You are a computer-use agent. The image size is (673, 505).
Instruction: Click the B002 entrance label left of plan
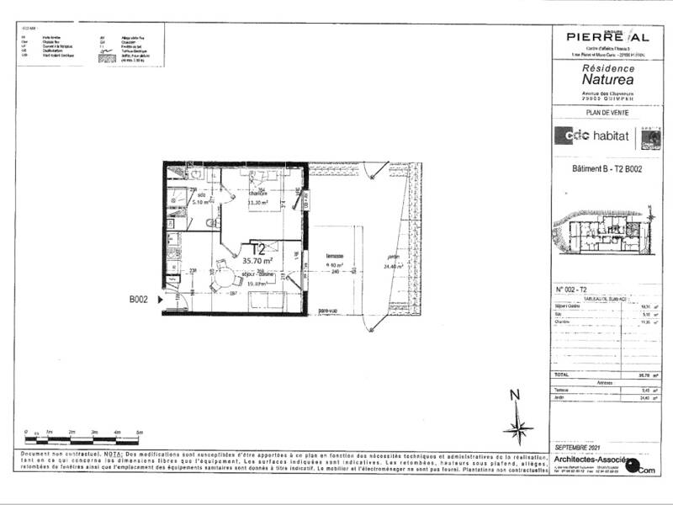click(139, 298)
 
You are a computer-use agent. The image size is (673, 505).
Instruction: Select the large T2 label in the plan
click(259, 248)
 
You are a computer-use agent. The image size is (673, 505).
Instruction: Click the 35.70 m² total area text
click(259, 261)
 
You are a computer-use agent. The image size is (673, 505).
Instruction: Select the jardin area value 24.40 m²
click(394, 266)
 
